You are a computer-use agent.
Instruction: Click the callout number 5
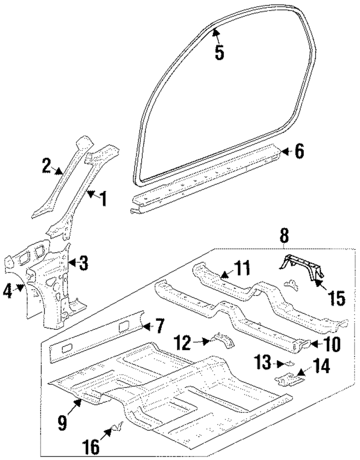tap(219, 52)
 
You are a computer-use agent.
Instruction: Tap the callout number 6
tap(299, 151)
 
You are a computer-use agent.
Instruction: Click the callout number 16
tap(91, 447)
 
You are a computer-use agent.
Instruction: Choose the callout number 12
tap(182, 343)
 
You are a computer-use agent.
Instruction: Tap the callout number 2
tap(47, 166)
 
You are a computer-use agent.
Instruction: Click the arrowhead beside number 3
tap(72, 263)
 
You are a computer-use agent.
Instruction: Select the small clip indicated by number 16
tap(118, 427)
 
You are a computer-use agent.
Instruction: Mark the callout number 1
tap(104, 198)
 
